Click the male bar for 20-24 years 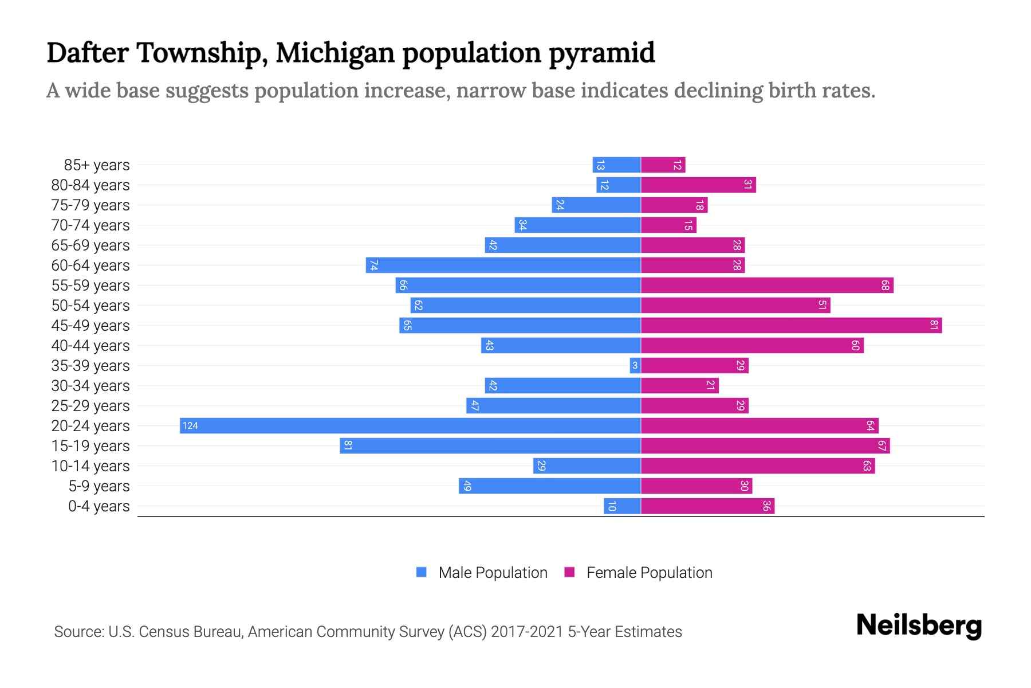(x=410, y=425)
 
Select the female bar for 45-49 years (x=791, y=325)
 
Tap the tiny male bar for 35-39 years (x=635, y=365)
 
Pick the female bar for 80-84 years (x=698, y=185)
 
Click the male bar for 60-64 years (x=503, y=265)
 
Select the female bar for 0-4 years (x=707, y=506)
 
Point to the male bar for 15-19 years (x=490, y=445)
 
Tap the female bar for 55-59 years (x=767, y=285)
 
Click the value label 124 (x=190, y=425)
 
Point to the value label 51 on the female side (x=822, y=305)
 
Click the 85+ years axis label (x=96, y=165)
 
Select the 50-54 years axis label (x=90, y=306)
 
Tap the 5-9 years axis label (x=99, y=486)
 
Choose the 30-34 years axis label (x=90, y=386)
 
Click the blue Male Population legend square (x=422, y=572)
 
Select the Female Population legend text (x=649, y=572)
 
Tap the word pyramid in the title (x=601, y=53)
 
